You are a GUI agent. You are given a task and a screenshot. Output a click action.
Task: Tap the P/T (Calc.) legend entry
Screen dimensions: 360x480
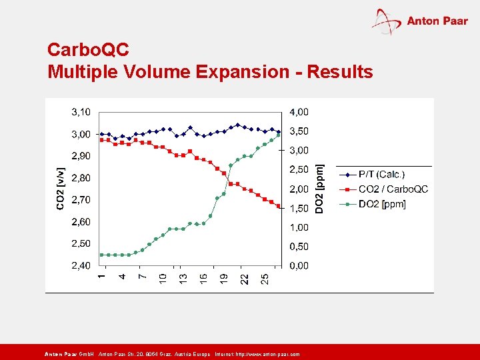382,175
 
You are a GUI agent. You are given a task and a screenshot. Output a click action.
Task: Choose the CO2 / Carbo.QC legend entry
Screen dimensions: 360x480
393,189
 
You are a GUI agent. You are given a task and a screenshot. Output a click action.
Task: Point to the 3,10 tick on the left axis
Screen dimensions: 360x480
81,112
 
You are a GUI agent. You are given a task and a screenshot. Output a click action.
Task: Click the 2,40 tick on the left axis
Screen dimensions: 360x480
81,265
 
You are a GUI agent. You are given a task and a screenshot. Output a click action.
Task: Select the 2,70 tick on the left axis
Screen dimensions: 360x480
81,199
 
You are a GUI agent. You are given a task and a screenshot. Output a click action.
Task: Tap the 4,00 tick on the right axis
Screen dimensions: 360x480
299,112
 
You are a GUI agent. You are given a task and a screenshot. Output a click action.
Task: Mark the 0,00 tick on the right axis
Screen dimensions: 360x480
299,265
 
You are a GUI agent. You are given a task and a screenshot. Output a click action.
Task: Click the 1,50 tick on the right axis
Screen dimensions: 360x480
299,208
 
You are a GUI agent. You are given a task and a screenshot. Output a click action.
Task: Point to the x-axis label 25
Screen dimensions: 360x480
265,278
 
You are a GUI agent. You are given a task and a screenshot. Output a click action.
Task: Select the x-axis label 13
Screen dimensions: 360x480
183,278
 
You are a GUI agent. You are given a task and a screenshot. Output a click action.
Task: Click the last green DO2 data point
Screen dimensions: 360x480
279,135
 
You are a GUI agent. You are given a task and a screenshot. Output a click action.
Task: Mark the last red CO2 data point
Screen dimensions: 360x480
279,206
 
